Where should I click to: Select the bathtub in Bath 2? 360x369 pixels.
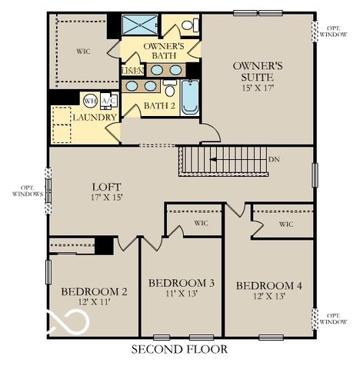[x=189, y=98]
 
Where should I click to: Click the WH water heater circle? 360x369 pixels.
[x=90, y=101]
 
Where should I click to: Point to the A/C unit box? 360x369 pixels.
[x=108, y=101]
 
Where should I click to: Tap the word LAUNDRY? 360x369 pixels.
[x=95, y=118]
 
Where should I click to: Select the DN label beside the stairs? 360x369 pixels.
[x=274, y=160]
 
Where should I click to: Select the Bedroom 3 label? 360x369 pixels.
[x=181, y=283]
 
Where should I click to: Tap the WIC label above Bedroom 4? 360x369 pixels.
[x=285, y=224]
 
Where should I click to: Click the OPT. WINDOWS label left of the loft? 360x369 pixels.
[x=27, y=191]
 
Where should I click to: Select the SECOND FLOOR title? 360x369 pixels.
[x=179, y=349]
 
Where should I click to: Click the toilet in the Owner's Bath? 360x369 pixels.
[x=187, y=25]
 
